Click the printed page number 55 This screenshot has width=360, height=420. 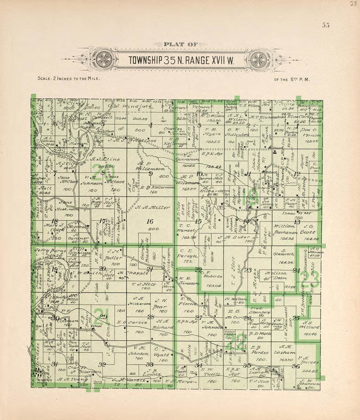click(325, 25)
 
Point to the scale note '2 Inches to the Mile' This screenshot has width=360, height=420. click(68, 79)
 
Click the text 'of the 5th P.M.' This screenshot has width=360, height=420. click(292, 79)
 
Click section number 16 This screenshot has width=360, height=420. click(150, 221)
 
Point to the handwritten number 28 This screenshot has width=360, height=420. click(352, 4)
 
